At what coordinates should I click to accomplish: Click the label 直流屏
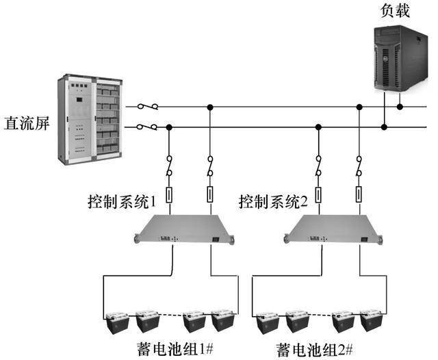[26, 126]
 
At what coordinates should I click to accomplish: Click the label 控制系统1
[123, 202]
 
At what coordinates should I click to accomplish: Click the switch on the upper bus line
[148, 107]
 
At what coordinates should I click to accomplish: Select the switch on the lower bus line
[148, 127]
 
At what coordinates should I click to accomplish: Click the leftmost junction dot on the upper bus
[209, 107]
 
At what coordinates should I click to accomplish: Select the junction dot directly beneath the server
[400, 107]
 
